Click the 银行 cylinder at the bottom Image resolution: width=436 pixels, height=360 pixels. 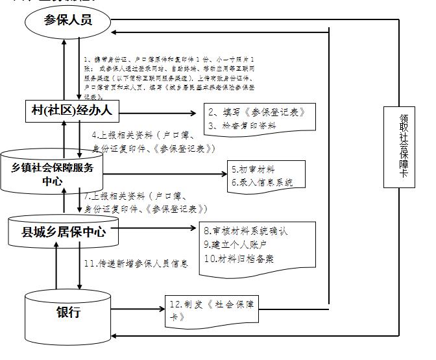coord(67,313)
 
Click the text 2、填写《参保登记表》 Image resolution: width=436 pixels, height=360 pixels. coord(255,112)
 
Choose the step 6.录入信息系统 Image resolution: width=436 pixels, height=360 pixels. coord(262,182)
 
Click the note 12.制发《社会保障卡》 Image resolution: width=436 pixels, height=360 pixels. coord(212,310)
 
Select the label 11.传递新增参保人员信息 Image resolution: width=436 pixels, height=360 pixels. coord(136,263)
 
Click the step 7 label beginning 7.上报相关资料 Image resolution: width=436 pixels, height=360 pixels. coord(146,202)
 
